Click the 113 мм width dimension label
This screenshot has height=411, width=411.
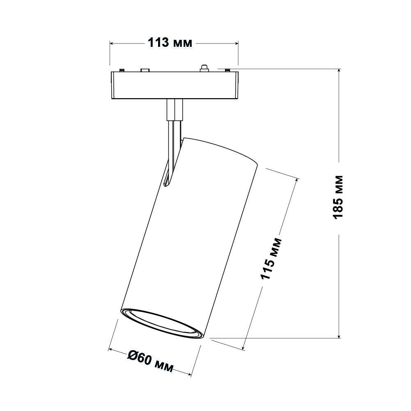click(169, 42)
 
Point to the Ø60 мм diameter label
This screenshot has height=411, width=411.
click(150, 361)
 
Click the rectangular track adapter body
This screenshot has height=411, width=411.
click(174, 85)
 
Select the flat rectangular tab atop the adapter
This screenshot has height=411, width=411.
click(144, 70)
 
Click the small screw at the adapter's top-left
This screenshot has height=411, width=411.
click(122, 71)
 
